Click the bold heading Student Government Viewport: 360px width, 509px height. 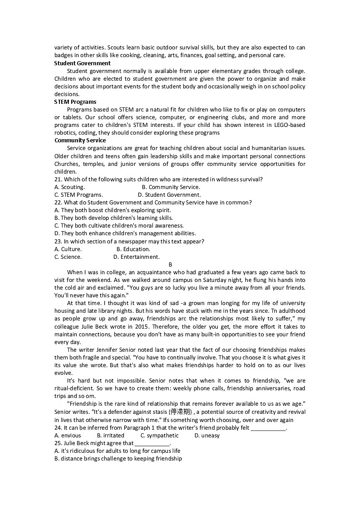[82, 63]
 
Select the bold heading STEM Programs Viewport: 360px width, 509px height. [75, 102]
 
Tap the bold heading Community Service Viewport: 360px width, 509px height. [80, 140]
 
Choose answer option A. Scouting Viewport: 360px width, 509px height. [69, 187]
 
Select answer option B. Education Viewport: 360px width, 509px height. [133, 249]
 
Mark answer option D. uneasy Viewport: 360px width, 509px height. [207, 435]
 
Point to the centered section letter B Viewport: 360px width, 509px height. [170, 264]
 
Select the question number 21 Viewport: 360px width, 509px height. [58, 179]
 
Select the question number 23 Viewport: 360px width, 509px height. [58, 241]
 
